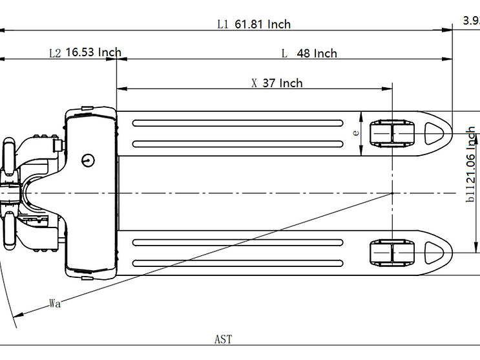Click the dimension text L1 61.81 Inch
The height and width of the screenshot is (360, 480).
point(254,24)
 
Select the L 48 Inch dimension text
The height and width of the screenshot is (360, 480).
point(309,53)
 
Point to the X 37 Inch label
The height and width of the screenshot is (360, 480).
point(277,83)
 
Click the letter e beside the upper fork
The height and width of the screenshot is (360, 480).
point(355,132)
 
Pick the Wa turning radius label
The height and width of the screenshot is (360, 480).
point(55,303)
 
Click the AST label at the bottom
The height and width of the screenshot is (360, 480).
point(223,339)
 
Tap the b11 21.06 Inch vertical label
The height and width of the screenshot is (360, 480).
point(472,165)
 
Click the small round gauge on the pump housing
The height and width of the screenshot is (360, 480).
point(87,159)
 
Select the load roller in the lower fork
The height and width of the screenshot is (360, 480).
point(391,253)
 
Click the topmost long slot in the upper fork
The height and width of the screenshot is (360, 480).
point(238,123)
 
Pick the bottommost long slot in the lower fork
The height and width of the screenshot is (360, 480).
point(238,263)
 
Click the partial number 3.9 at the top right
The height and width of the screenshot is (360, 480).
point(471,21)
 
